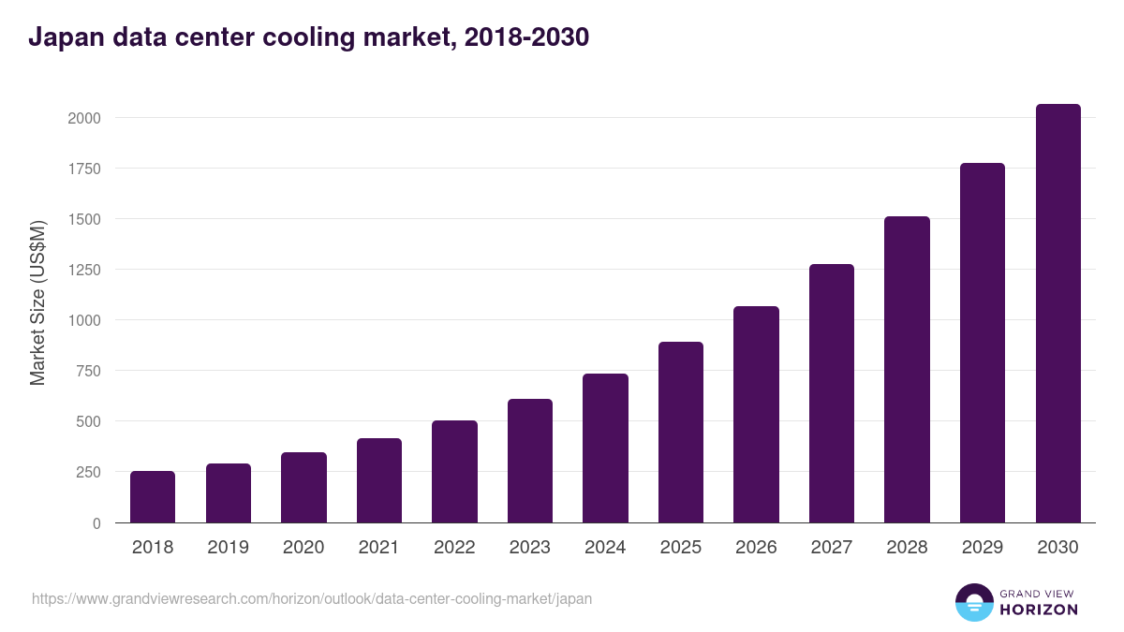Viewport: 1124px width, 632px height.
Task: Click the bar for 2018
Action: pyautogui.click(x=153, y=497)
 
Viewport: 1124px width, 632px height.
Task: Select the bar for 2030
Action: pyautogui.click(x=1057, y=314)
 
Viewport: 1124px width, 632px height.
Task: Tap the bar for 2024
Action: pyautogui.click(x=605, y=448)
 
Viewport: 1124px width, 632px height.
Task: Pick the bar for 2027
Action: pyautogui.click(x=832, y=393)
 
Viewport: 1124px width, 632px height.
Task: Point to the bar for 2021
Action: pyautogui.click(x=379, y=480)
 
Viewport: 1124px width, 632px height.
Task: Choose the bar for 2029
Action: pyautogui.click(x=982, y=343)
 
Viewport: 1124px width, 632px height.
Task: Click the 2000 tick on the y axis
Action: pyautogui.click(x=83, y=119)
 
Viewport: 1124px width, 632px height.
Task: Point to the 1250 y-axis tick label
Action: pyautogui.click(x=83, y=271)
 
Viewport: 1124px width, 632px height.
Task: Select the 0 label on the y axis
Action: pyautogui.click(x=96, y=523)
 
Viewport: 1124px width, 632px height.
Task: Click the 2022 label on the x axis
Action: pyautogui.click(x=454, y=548)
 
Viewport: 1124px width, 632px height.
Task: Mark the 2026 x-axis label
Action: pyautogui.click(x=756, y=548)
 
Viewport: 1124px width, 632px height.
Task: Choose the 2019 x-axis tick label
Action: pyautogui.click(x=228, y=548)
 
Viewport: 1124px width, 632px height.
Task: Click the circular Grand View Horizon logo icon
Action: pyautogui.click(x=973, y=602)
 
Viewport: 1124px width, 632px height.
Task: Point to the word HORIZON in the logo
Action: pyautogui.click(x=1039, y=610)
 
